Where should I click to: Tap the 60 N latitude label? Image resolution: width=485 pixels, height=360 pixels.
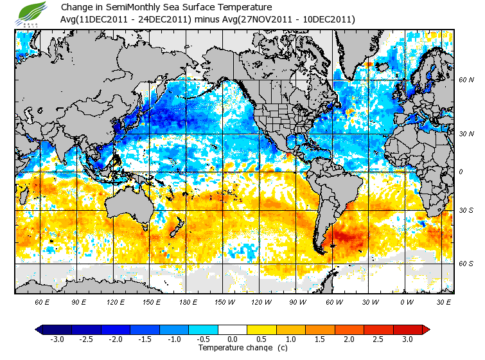coord(466,80)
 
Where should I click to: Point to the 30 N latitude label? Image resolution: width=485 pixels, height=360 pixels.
coord(466,134)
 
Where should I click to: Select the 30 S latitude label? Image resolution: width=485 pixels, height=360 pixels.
coord(466,210)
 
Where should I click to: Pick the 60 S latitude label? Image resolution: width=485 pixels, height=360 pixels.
coord(466,263)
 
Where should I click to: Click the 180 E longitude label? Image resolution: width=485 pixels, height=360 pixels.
coord(188,301)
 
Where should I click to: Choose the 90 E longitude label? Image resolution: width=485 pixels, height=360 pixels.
coord(79,301)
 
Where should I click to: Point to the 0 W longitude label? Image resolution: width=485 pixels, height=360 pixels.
coord(407,301)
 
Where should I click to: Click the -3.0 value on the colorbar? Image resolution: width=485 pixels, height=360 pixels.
coord(57,339)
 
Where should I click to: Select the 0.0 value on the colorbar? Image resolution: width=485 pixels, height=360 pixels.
coord(233,339)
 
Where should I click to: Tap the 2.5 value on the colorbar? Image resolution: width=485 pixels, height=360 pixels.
coord(379,339)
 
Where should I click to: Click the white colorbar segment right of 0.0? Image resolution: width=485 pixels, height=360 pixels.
coord(233,330)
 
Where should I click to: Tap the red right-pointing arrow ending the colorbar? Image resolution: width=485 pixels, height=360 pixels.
coord(425,330)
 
